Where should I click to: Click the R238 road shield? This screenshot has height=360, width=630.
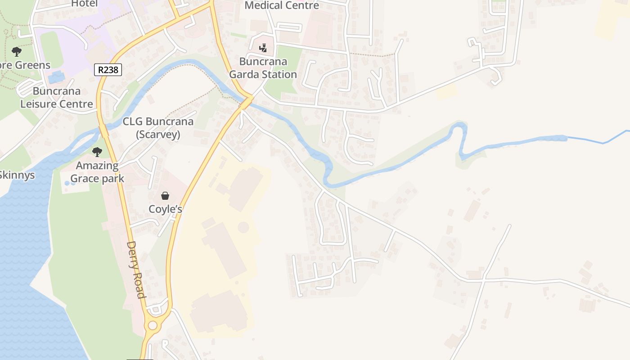(x=108, y=69)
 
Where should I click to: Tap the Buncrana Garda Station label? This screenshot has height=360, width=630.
(x=263, y=68)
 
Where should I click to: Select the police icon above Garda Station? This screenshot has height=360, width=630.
(x=263, y=48)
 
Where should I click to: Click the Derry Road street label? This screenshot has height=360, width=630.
(x=136, y=270)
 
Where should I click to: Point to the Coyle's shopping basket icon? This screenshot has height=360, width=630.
(x=165, y=196)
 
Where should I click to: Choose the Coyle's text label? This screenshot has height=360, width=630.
(x=166, y=209)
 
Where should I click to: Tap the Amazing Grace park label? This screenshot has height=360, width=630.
(x=97, y=172)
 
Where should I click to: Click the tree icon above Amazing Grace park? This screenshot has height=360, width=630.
(x=97, y=152)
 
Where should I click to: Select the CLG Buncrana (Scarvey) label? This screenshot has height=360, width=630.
(x=158, y=128)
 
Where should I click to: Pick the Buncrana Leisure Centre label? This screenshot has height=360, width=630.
(x=57, y=98)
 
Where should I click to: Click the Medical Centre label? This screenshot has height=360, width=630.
(x=282, y=5)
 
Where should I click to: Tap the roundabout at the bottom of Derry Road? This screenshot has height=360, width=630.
(x=153, y=325)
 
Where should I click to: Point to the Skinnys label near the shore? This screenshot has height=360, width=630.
(x=17, y=175)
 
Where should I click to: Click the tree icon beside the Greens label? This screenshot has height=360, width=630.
(x=17, y=51)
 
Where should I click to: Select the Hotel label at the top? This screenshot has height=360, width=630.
(x=84, y=4)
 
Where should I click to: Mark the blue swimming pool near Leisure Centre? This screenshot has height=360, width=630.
(x=56, y=77)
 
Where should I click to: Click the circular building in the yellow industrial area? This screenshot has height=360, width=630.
(x=243, y=227)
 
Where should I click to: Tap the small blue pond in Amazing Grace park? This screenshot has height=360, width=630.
(x=67, y=183)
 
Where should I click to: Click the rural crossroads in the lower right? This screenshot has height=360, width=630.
(x=483, y=279)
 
